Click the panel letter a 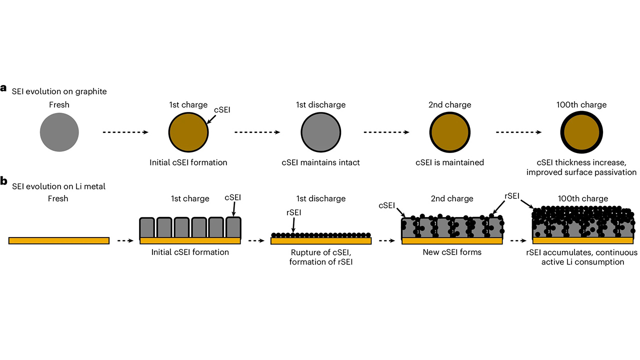click(x=3, y=88)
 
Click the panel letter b click(x=3, y=181)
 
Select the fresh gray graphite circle click(x=59, y=132)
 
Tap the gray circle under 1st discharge click(x=320, y=132)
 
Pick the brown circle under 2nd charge click(x=450, y=132)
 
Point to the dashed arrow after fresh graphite click(x=125, y=132)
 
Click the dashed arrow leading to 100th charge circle click(x=518, y=132)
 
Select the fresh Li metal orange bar click(x=59, y=240)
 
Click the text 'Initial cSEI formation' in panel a click(x=188, y=162)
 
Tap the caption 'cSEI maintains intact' click(x=320, y=162)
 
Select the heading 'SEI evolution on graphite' click(x=59, y=91)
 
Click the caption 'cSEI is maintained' click(x=450, y=162)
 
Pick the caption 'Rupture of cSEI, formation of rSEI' click(x=320, y=257)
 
